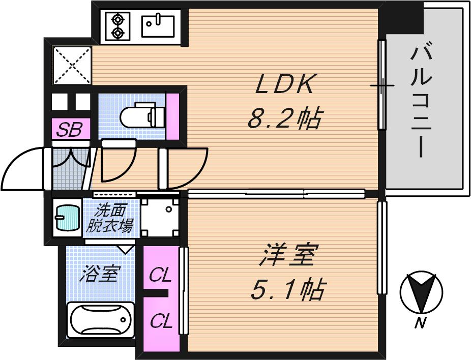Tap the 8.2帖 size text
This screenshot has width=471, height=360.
coord(284,119)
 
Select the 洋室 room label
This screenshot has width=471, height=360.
coord(288,255)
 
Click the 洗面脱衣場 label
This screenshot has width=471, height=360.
coord(109,218)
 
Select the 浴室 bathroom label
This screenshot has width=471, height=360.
coord(100,275)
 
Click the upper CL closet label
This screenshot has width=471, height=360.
coord(160,276)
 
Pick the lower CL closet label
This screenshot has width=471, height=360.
coord(160,321)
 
